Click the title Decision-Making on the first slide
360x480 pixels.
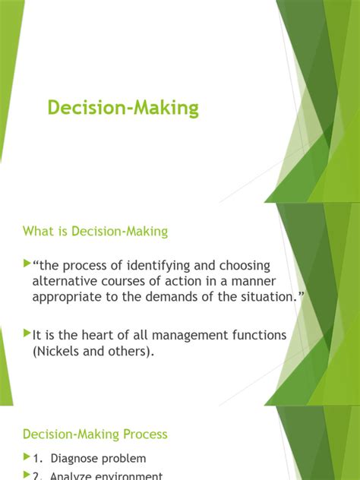coord(123,108)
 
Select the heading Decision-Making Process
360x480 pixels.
coord(95,434)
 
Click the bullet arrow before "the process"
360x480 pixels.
coord(27,264)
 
